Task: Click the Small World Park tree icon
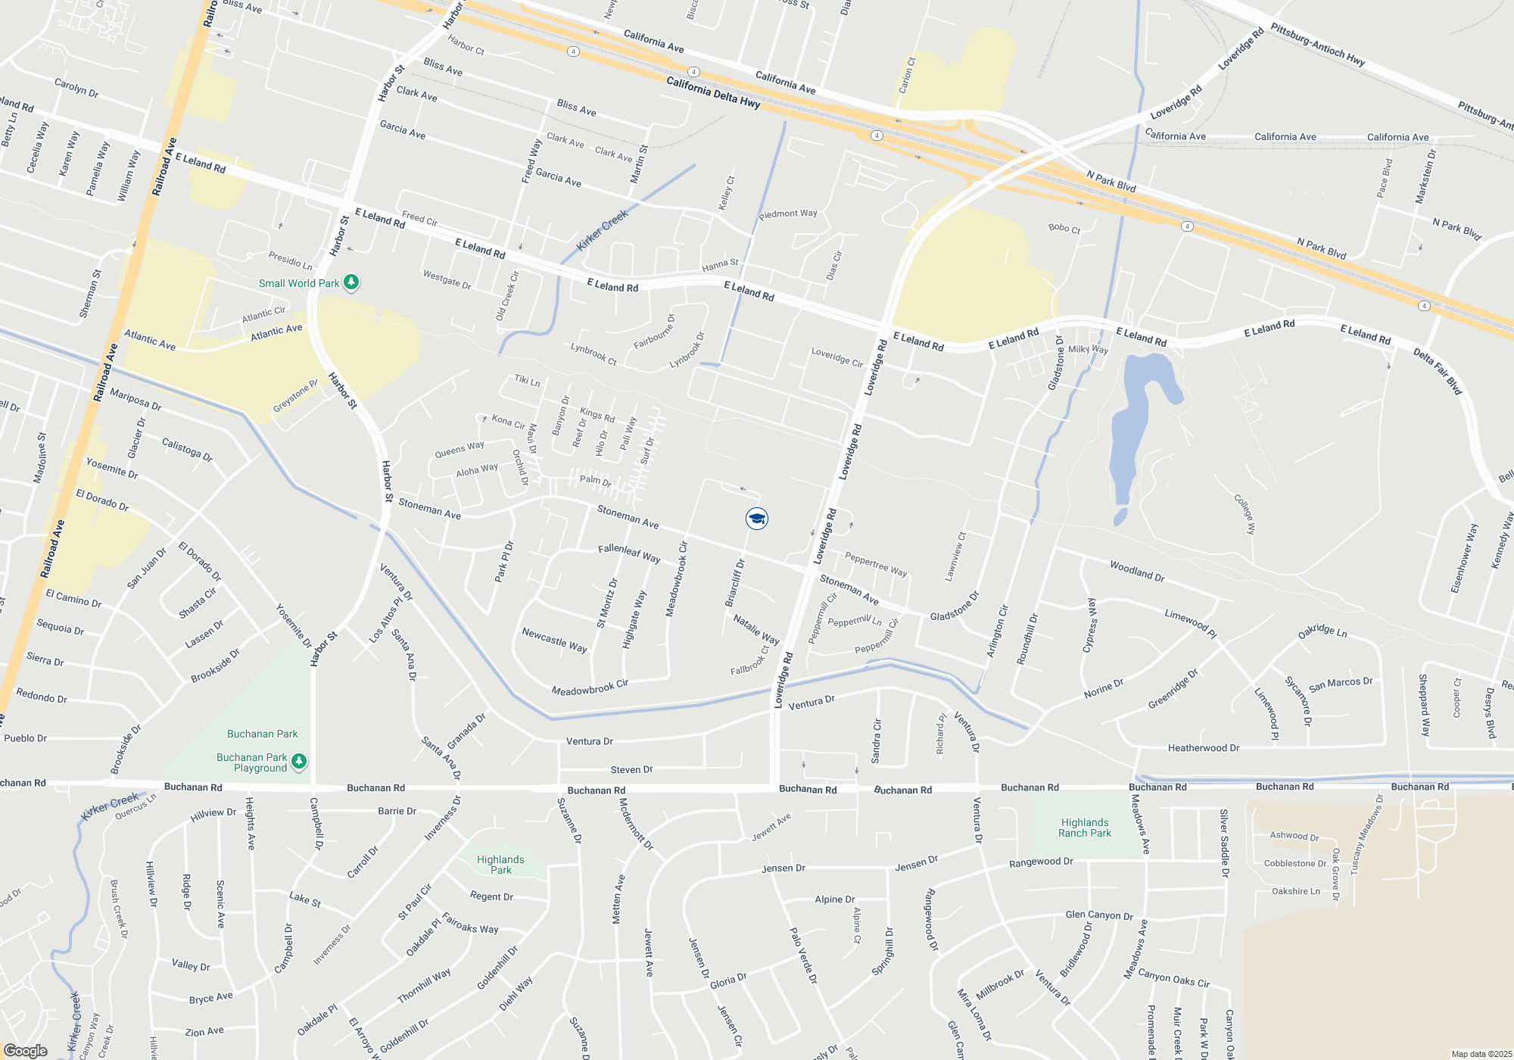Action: coord(350,282)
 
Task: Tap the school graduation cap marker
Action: coord(756,519)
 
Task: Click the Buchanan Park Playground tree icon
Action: coord(299,761)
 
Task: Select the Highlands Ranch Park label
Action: coord(1084,828)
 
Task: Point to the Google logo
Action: coord(26,1050)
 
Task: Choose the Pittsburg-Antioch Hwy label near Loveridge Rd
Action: coord(1317,45)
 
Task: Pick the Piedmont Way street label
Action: coord(788,214)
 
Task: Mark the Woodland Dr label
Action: coord(1136,571)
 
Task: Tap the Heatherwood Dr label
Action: coord(1203,748)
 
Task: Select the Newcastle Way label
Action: coord(554,640)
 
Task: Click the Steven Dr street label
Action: coord(631,770)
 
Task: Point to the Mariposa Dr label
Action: coord(136,399)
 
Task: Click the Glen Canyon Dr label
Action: coord(1099,915)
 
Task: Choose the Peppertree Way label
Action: coord(875,564)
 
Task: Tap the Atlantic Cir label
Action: coord(263,314)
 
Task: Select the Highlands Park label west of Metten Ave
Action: coord(500,865)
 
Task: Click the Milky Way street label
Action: coord(1088,349)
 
